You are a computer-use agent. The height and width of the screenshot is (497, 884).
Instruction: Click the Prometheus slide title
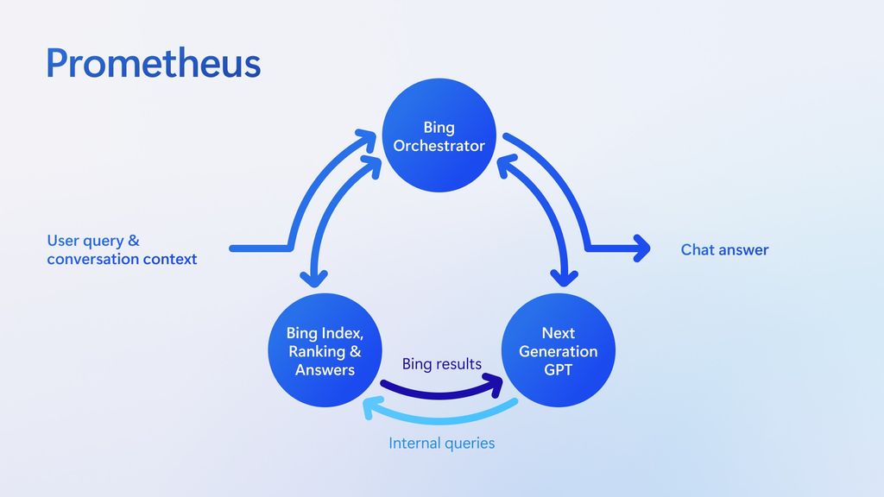coord(153,63)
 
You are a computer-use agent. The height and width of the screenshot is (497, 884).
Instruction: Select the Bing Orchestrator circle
coord(439,135)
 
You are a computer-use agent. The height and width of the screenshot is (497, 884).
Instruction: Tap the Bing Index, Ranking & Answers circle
coord(325,350)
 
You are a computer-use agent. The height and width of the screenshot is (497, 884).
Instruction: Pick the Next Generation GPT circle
coord(558,350)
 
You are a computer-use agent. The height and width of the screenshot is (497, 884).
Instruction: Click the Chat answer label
coord(724,250)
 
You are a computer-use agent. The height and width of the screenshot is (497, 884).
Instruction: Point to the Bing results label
coord(441,364)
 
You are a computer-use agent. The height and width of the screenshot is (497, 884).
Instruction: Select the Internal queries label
coord(441,444)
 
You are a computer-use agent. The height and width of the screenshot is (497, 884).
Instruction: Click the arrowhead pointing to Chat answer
coord(641,248)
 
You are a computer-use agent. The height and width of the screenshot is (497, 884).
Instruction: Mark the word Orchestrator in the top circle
coord(439,146)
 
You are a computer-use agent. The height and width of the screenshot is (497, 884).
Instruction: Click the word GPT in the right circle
coord(558,369)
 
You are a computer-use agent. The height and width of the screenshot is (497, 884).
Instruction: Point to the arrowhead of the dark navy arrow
coord(496,383)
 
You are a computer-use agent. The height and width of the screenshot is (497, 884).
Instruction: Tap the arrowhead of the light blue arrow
coord(372,406)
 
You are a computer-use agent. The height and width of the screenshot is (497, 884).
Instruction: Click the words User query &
coord(92,241)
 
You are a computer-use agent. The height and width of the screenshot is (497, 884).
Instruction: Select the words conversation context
coord(122,259)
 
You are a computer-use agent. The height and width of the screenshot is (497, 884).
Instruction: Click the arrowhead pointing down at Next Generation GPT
coord(565,278)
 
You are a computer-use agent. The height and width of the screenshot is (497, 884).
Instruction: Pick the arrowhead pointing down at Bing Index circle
coord(313,278)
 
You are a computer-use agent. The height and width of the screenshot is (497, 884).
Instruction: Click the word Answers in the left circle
coord(325,369)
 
